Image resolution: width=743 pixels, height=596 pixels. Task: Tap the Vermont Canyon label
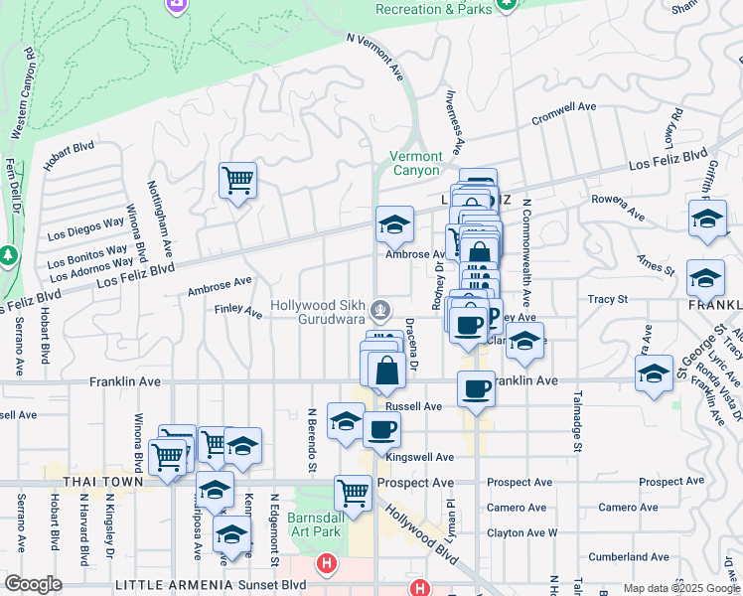[x=416, y=164]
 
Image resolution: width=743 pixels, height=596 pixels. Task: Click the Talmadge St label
[x=575, y=421]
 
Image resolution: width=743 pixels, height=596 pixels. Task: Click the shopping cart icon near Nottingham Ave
[x=238, y=182]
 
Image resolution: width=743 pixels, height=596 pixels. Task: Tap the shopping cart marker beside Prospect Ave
[x=354, y=492]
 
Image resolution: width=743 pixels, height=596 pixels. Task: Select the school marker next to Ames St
[x=705, y=279]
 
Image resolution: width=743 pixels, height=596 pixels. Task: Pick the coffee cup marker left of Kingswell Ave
[x=381, y=430]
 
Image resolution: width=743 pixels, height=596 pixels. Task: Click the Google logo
[x=34, y=584]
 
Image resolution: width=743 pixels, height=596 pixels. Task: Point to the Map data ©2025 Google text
[x=681, y=588]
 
